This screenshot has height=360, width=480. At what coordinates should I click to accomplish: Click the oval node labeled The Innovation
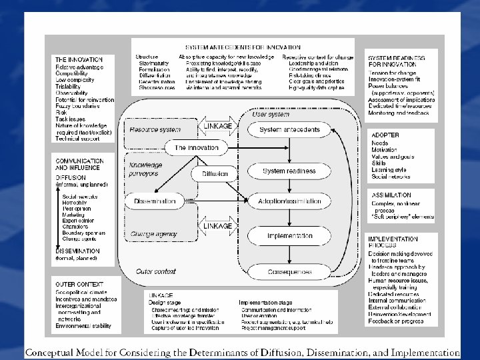[x=196, y=147]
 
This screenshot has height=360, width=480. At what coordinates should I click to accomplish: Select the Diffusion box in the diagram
[x=214, y=173]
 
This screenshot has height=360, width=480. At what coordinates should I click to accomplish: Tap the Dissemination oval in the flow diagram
[x=154, y=200]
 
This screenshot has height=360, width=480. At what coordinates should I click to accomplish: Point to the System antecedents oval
[x=289, y=129]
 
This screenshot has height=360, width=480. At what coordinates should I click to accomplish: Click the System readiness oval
[x=289, y=171]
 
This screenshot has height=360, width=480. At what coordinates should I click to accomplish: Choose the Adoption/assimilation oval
[x=289, y=200]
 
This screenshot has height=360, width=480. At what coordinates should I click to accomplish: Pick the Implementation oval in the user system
[x=289, y=236]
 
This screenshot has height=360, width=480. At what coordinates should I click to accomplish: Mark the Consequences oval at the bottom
[x=289, y=272]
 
